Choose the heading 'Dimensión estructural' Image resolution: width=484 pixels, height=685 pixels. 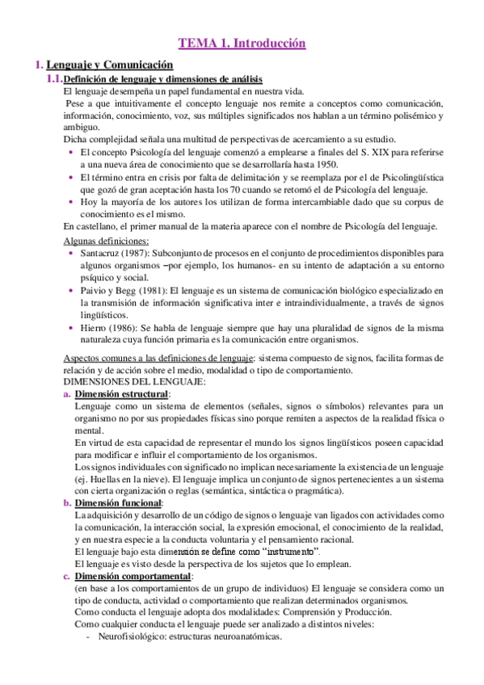122,393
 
